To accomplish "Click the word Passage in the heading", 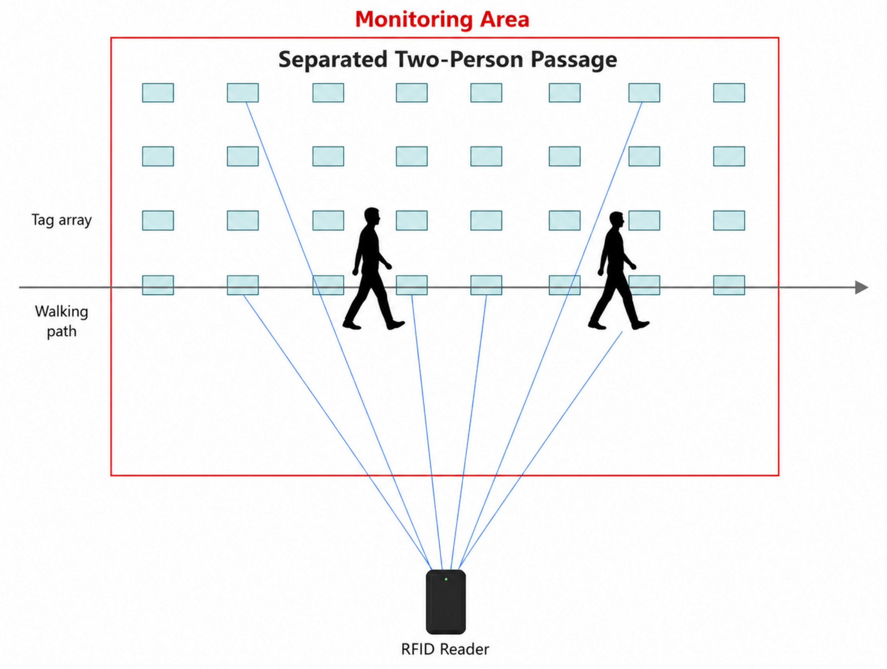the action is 574,60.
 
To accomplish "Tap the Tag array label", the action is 62,220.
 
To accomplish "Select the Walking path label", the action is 62,321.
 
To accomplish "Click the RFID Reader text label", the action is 445,649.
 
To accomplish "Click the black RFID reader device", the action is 445,602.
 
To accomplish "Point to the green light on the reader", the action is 446,579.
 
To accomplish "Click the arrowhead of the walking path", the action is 862,287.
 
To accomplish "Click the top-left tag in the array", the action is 158,92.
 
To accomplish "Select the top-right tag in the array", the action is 729,92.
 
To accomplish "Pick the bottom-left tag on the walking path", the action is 158,285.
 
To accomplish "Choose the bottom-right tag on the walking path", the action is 729,285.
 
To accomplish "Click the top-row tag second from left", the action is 243,92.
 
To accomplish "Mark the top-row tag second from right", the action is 644,92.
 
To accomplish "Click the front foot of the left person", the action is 396,324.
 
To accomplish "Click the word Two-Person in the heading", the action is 459,60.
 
